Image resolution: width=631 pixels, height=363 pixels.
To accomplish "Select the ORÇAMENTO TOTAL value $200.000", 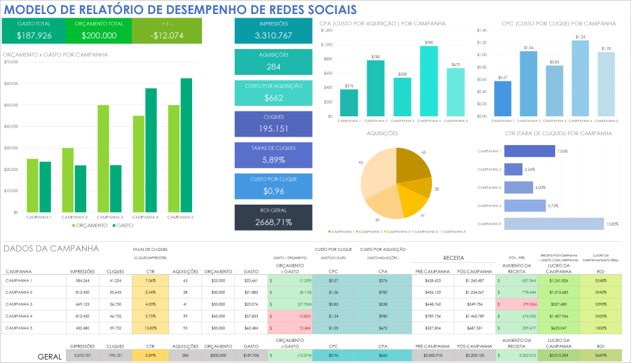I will [x=99, y=36].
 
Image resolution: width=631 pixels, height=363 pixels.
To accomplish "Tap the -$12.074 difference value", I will [x=168, y=36].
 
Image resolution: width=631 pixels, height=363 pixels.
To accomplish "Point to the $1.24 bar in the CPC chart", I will [x=580, y=78].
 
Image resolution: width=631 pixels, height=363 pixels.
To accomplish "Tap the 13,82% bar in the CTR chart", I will [x=553, y=224].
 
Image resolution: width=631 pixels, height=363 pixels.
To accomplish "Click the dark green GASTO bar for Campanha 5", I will [x=186, y=145].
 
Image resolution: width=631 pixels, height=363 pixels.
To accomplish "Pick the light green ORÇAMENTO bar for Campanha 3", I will [x=103, y=158].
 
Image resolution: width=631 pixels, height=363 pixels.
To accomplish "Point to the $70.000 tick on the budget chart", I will [x=11, y=62].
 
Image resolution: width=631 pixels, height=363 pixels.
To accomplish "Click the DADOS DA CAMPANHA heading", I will [x=51, y=248].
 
